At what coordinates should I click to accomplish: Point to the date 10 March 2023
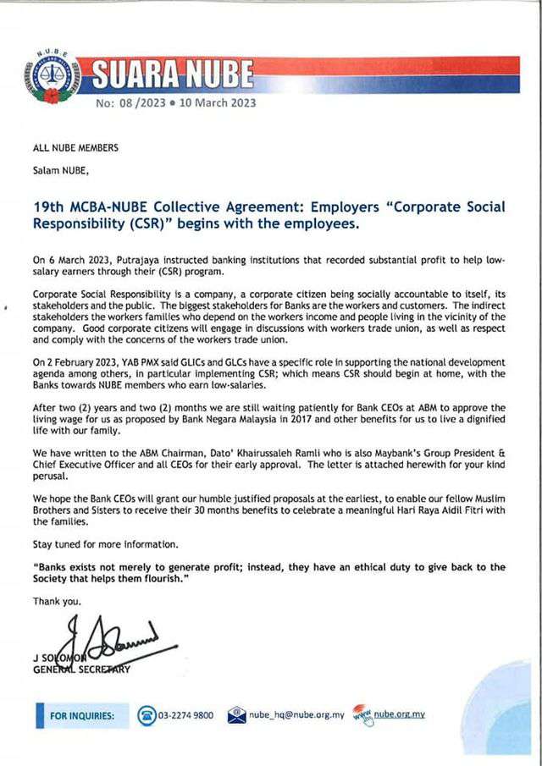(218, 104)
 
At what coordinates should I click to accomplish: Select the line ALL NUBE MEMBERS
(75, 148)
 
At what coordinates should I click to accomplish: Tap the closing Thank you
(58, 601)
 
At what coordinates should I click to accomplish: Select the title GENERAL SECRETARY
(81, 670)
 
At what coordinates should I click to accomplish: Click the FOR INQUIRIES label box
(82, 716)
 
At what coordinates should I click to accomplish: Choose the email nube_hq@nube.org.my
(296, 716)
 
